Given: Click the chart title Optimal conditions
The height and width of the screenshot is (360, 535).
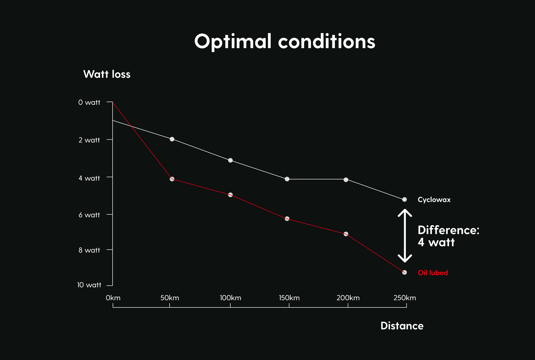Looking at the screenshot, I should [x=285, y=42].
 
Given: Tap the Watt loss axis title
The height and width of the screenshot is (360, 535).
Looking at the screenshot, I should [x=107, y=74].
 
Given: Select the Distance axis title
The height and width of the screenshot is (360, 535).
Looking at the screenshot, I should [x=402, y=326].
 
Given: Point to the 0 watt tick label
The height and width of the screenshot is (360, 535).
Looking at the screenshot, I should [x=89, y=103].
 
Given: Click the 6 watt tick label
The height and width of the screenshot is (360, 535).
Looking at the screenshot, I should [x=89, y=215].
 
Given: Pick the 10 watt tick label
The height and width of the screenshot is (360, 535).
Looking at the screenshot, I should [x=89, y=285].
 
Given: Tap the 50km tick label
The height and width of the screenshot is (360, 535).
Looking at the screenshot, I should [x=170, y=298].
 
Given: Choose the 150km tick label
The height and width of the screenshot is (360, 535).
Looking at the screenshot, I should [x=289, y=298].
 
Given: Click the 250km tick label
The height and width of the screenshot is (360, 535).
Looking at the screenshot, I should [x=404, y=298].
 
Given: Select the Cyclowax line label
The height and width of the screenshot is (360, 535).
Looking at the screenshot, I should [x=434, y=200].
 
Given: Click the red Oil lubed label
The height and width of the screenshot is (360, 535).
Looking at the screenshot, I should [x=433, y=273].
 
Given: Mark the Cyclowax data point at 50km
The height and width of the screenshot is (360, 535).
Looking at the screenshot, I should [x=172, y=139].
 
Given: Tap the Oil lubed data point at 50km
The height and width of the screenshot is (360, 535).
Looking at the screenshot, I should [x=172, y=179].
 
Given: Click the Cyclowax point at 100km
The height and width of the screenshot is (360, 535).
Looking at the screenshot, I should [x=230, y=160].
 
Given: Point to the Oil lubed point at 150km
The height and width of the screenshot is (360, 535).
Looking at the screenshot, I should [x=287, y=218].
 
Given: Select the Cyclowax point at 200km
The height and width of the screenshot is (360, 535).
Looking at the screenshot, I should [x=346, y=180].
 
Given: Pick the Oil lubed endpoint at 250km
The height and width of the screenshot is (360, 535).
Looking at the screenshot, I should [x=404, y=272].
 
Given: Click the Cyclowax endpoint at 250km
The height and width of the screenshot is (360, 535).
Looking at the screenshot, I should [x=404, y=200].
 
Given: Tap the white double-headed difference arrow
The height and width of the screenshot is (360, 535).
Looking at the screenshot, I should [x=405, y=236].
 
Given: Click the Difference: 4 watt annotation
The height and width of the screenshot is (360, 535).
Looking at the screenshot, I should [x=448, y=236].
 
